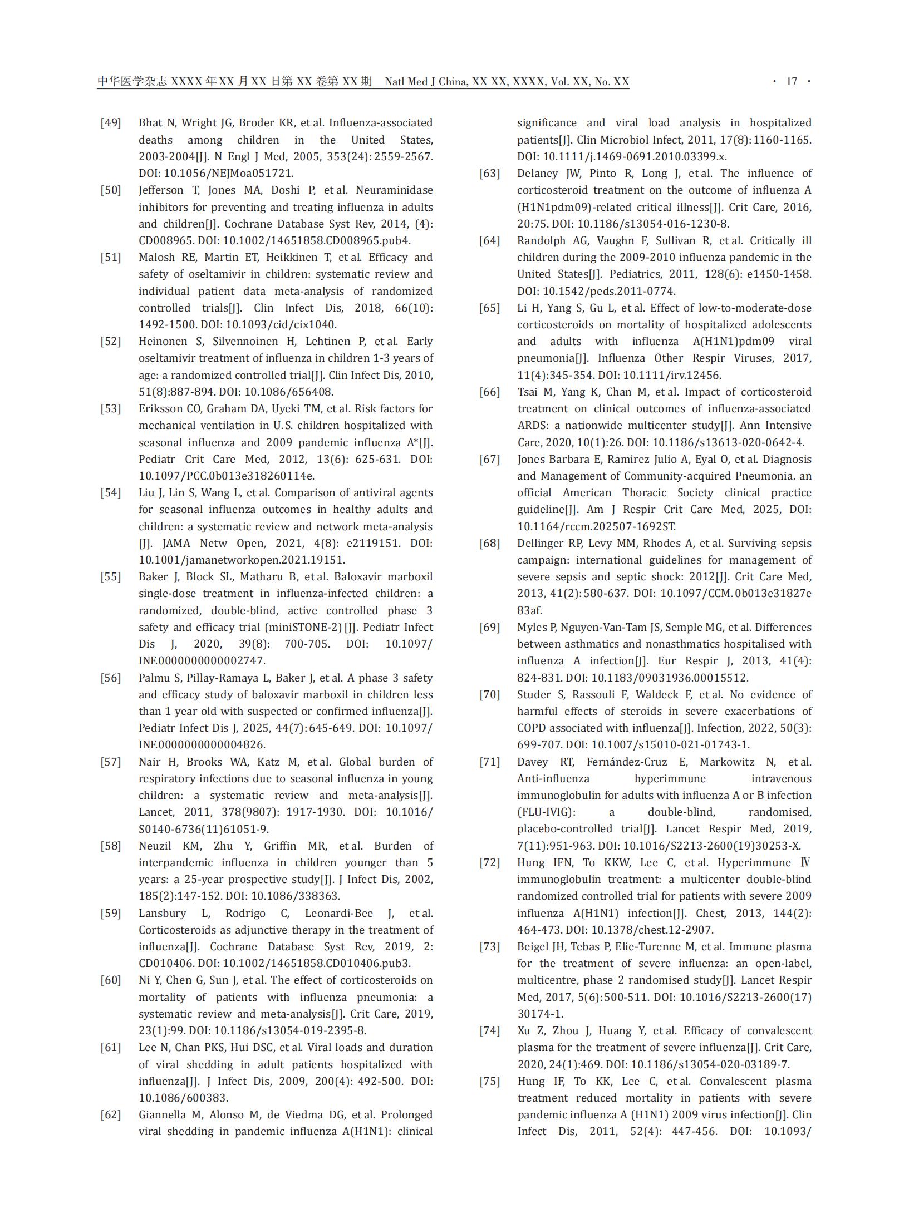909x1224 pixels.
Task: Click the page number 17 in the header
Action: pos(791,82)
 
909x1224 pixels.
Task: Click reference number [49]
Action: pos(111,123)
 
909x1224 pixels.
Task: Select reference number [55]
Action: pos(111,577)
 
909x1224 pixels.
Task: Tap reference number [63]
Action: pos(489,174)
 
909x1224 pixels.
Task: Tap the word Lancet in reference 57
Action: pos(155,812)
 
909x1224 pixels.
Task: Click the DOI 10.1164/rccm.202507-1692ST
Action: pos(596,526)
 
